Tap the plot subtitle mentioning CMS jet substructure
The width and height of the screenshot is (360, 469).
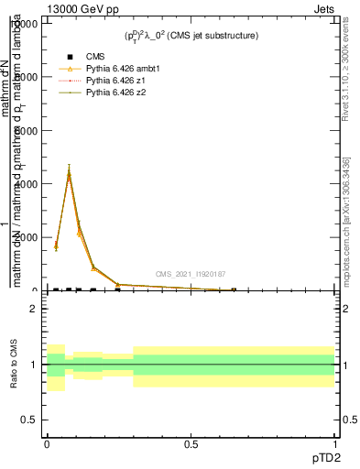tap(191, 36)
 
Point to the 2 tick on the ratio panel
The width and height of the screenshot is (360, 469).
tap(34, 309)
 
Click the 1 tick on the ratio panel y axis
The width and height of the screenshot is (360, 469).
tap(34, 365)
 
